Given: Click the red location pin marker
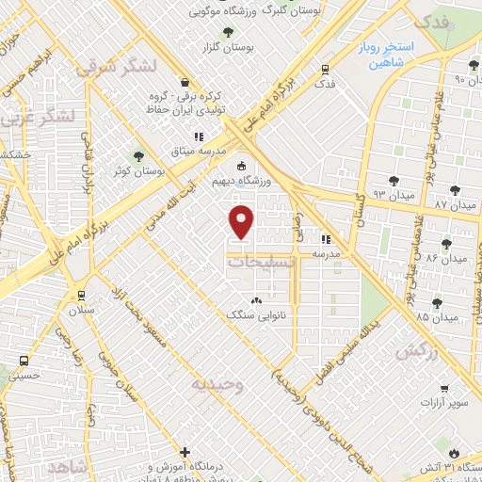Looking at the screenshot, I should point(242,221).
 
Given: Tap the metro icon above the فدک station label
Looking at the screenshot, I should point(325,69).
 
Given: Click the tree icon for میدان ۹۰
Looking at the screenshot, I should point(474,65).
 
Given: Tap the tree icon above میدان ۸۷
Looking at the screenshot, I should point(469,190).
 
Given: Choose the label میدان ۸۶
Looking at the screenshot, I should point(446,257).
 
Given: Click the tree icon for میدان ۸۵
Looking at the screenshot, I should point(437,301).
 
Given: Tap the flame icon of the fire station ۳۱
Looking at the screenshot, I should point(456,449).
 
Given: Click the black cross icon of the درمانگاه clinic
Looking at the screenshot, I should point(185,452).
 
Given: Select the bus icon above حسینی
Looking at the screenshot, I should point(25,361).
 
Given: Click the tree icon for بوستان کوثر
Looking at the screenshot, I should point(140,156).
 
